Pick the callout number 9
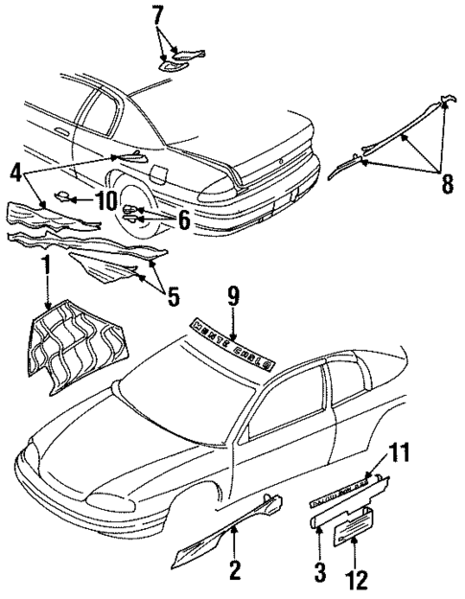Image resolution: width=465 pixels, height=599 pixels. [232, 296]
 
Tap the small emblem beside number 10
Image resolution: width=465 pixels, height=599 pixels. [64, 198]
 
